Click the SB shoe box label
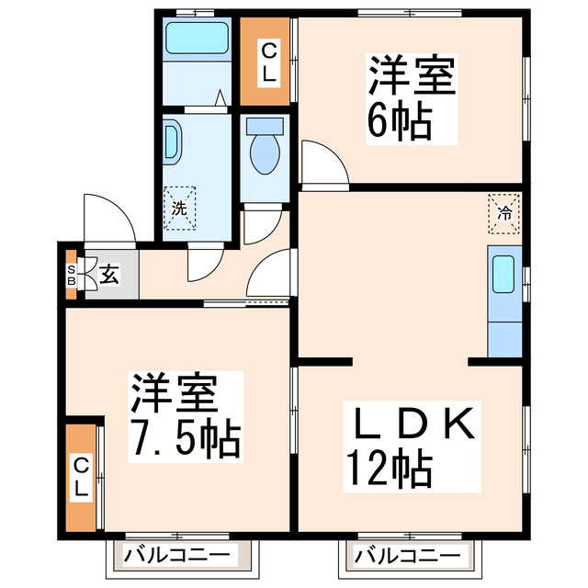pyautogui.click(x=71, y=274)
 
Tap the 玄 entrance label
pyautogui.click(x=108, y=274)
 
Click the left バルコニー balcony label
pyautogui.click(x=178, y=556)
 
